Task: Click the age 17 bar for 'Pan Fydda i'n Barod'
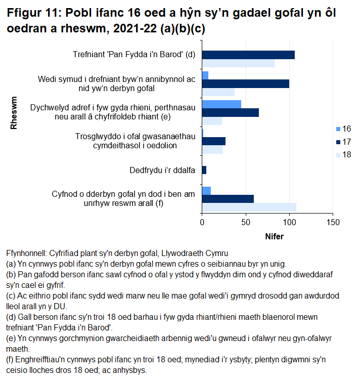[x=248, y=55]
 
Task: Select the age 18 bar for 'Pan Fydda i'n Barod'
[x=238, y=63]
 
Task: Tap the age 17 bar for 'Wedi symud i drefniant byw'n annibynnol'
[x=245, y=83]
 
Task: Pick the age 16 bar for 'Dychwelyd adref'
[x=221, y=104]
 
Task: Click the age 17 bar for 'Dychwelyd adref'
[x=230, y=112]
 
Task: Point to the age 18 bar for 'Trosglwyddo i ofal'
[x=212, y=150]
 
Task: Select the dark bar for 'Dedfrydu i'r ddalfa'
[x=204, y=170]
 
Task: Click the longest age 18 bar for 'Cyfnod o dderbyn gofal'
[x=249, y=207]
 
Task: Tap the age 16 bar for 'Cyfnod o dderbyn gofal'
[x=206, y=190]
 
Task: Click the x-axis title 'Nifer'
[x=274, y=236]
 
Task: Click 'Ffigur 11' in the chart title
[x=31, y=12]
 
